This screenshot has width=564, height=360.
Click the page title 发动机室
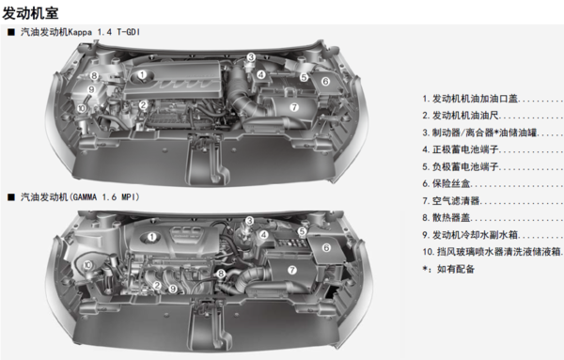tap(30, 14)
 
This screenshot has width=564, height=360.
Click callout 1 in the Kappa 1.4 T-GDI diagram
tap(143, 74)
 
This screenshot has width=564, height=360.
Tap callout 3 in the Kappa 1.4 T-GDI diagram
tap(251, 57)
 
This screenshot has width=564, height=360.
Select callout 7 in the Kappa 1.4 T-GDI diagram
tap(294, 107)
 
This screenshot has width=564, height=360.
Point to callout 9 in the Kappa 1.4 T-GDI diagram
tap(91, 89)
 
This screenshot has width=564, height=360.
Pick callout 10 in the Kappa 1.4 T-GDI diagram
tap(82, 108)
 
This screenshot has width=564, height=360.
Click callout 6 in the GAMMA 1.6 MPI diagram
tap(326, 247)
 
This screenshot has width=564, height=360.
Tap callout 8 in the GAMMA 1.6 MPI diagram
tap(221, 274)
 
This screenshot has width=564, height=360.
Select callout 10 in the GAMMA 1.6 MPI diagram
tap(87, 265)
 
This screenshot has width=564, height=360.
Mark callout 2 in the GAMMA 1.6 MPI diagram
tap(157, 285)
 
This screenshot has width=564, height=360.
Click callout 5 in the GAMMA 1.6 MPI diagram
tap(302, 232)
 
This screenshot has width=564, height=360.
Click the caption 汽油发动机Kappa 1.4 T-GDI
tap(80, 32)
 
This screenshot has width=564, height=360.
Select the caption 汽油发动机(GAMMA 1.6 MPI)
tap(80, 197)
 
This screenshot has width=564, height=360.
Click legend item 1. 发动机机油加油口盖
tap(470, 99)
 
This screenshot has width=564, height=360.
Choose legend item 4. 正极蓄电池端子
tap(461, 149)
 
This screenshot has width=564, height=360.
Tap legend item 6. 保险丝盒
tap(446, 183)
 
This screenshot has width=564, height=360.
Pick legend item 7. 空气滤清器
tap(451, 200)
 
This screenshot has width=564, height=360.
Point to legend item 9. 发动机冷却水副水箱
tap(470, 235)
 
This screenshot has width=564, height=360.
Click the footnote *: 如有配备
tap(448, 269)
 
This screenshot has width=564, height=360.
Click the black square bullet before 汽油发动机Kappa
tap(11, 32)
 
